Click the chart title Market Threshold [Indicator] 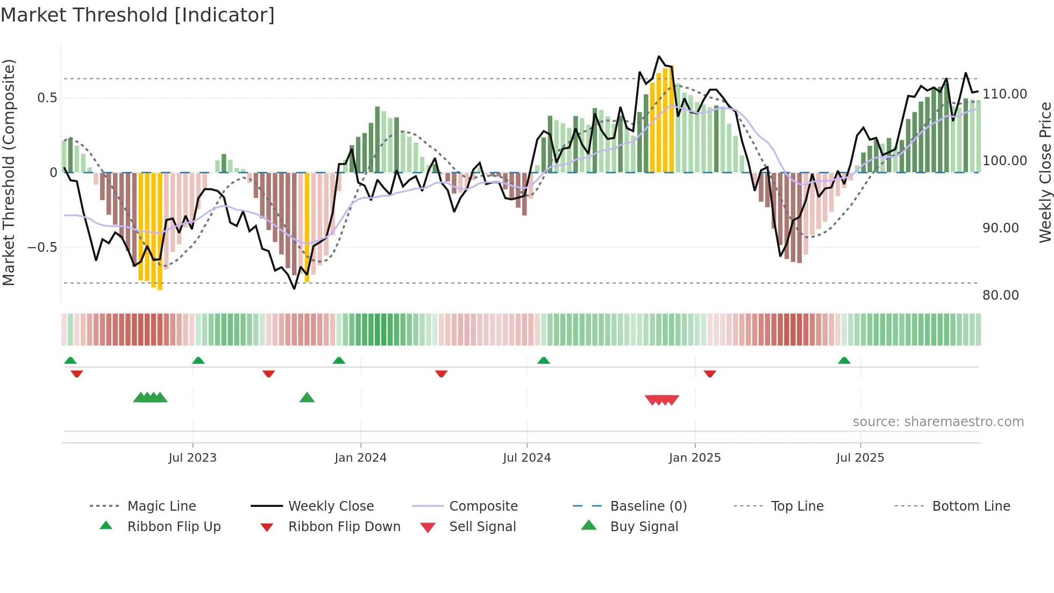(138, 15)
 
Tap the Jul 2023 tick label (193, 458)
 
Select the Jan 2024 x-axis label (360, 458)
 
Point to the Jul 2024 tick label (527, 458)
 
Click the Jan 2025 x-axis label (695, 458)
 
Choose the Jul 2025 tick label (860, 458)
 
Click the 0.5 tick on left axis (47, 98)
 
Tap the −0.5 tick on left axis (42, 248)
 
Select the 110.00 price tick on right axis (1005, 94)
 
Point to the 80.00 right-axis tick (1000, 295)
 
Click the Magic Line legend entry (161, 506)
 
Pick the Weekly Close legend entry (331, 506)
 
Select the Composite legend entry (483, 506)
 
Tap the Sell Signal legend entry (482, 527)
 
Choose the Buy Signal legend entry (644, 527)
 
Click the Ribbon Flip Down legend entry (344, 527)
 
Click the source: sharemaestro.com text (938, 422)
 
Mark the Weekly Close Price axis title (1045, 172)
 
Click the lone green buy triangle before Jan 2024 (307, 398)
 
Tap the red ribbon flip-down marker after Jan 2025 (710, 373)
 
